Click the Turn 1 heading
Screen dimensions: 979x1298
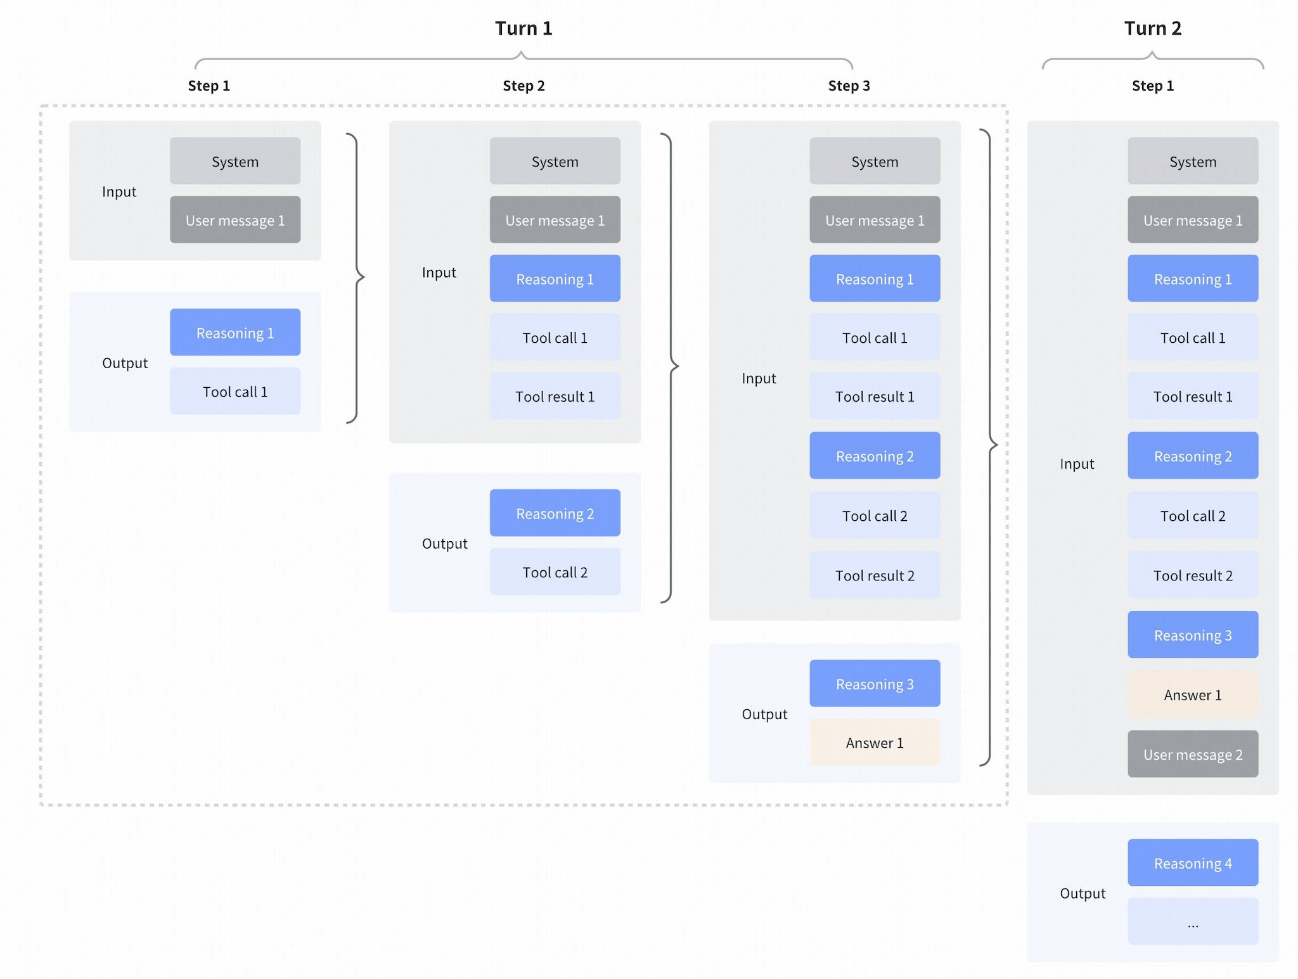[x=523, y=29]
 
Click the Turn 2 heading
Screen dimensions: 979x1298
[x=1152, y=29]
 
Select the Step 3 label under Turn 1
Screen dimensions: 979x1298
[x=849, y=86]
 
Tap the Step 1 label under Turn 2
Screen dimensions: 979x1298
[x=1152, y=86]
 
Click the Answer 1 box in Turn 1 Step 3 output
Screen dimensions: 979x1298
[x=874, y=743]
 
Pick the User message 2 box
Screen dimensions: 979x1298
[x=1192, y=754]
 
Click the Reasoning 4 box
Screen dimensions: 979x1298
[x=1192, y=863]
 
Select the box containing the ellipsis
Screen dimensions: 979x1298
[x=1192, y=921]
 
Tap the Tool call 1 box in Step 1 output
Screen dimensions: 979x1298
[x=235, y=392]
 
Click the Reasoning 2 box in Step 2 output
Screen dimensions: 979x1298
[x=555, y=513]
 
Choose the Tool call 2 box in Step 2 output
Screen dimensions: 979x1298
[x=555, y=572]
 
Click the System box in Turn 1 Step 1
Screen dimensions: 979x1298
[x=235, y=162]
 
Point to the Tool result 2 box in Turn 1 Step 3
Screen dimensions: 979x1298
[x=874, y=575]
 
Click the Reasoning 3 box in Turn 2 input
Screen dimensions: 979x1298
[x=1192, y=635]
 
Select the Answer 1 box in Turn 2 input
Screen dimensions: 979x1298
[x=1192, y=695]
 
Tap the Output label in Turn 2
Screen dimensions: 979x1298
[x=1082, y=893]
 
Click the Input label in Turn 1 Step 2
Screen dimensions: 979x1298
[x=439, y=272]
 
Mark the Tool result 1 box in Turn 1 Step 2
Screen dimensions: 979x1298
[x=555, y=397]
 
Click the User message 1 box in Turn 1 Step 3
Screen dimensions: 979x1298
[x=874, y=221]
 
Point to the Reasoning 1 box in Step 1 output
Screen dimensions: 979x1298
[x=235, y=333]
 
